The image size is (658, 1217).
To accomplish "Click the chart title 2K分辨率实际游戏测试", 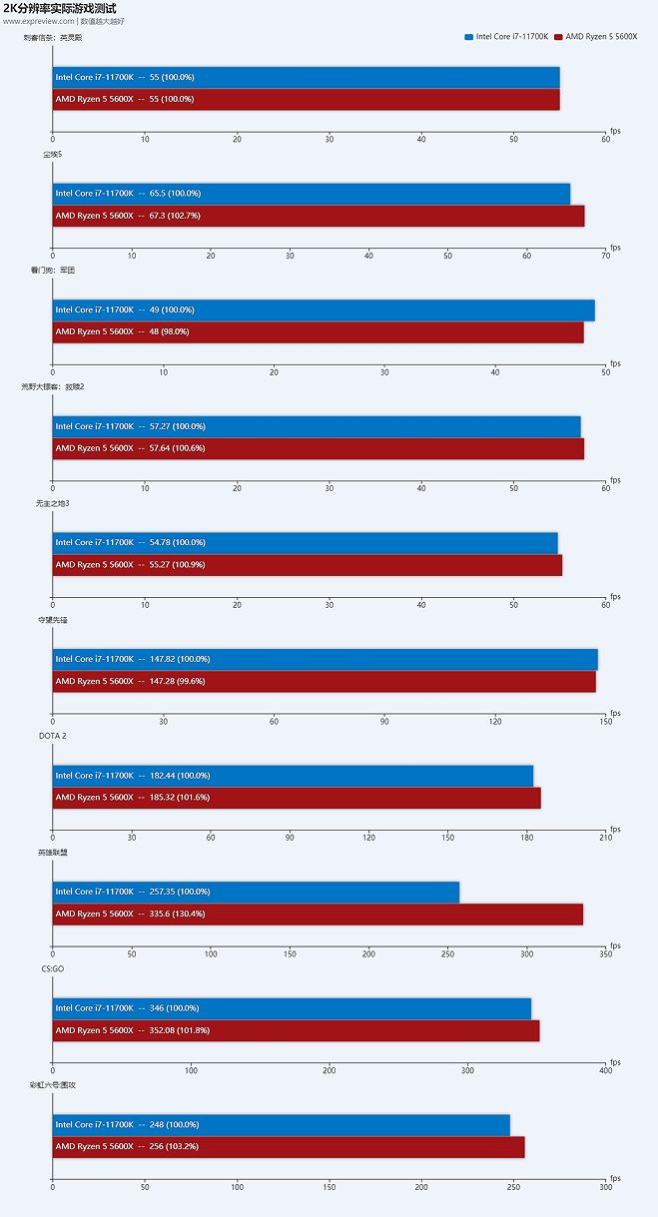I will [x=59, y=8].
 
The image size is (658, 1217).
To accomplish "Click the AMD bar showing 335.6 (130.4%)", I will [x=318, y=913].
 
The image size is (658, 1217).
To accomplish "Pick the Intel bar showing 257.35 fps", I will [x=256, y=892].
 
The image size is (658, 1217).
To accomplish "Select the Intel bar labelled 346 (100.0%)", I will [x=292, y=1008].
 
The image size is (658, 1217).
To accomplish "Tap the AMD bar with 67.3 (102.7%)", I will [x=318, y=216].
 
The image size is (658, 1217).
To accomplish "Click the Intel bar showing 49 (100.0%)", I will [x=324, y=309].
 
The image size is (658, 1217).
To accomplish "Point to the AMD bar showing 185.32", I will [x=297, y=798].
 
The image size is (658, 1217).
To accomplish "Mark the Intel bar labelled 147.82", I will [x=325, y=659].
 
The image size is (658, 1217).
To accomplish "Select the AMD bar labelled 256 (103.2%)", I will [x=289, y=1146].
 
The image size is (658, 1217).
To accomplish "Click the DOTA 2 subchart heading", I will [x=53, y=736].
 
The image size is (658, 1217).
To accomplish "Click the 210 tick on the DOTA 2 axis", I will [x=605, y=838].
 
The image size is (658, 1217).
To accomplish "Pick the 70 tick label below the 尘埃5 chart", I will [x=605, y=256].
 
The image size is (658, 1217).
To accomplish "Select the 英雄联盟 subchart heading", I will [x=53, y=853].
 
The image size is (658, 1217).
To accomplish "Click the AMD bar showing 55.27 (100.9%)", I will [x=307, y=565].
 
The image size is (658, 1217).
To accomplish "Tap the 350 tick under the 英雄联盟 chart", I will [x=605, y=954].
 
